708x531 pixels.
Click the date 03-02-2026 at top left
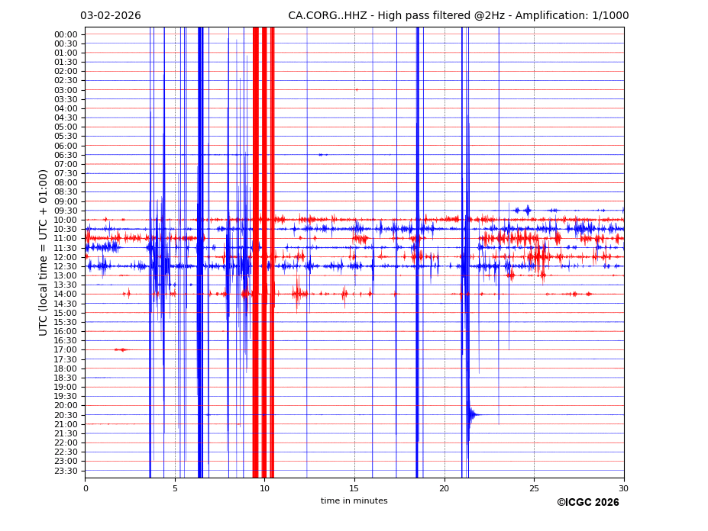tap(110, 16)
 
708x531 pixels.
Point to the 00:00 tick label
tap(66, 34)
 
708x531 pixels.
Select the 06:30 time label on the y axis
tap(66, 155)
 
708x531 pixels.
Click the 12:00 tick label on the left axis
tap(66, 257)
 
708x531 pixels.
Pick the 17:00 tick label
tap(66, 350)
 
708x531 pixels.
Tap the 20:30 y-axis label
tap(66, 415)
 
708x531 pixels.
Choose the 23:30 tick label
tap(66, 471)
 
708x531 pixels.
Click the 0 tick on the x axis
tap(85, 488)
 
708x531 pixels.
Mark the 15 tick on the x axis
tap(354, 488)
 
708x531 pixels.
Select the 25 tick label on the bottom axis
tap(534, 488)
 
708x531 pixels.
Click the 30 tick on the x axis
tap(623, 488)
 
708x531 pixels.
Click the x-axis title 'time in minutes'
tap(354, 501)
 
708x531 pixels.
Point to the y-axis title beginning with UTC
tap(44, 252)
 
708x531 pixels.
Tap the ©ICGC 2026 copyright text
tap(587, 503)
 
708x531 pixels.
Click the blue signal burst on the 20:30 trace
tap(473, 414)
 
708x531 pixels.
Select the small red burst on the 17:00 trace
tap(121, 349)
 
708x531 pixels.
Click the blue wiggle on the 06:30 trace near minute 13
tap(323, 155)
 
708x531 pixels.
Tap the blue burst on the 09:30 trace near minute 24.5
tap(526, 210)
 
